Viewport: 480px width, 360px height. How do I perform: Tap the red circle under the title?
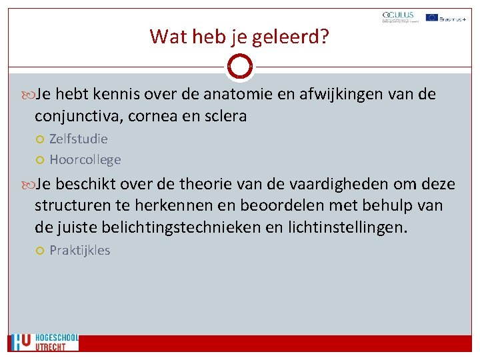pyautogui.click(x=240, y=67)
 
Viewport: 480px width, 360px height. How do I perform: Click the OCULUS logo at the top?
pyautogui.click(x=398, y=17)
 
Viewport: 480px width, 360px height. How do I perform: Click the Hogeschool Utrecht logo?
pyautogui.click(x=44, y=342)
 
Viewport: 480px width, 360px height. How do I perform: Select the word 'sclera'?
pyautogui.click(x=225, y=116)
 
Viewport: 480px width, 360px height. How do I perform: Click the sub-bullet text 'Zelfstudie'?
pyautogui.click(x=79, y=139)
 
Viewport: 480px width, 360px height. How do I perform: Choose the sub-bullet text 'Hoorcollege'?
pyautogui.click(x=85, y=159)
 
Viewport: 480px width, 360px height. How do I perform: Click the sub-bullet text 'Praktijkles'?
pyautogui.click(x=80, y=250)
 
